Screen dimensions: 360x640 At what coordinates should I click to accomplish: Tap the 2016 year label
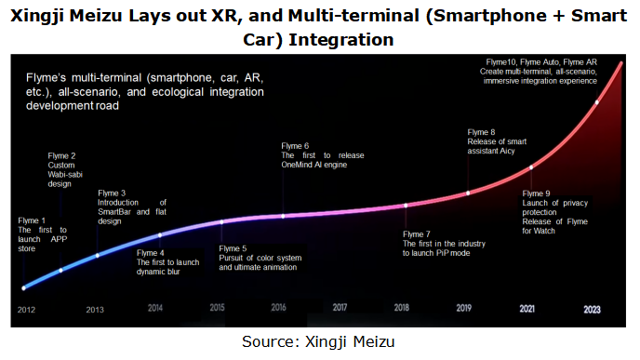[x=278, y=307]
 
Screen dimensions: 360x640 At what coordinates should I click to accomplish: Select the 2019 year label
[x=463, y=307]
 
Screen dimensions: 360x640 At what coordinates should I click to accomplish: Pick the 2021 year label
[x=527, y=307]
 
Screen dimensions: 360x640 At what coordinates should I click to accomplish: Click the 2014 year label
[x=155, y=307]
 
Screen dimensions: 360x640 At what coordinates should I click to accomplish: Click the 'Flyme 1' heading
[x=33, y=220]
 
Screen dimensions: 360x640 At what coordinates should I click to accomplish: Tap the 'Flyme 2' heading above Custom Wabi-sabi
[x=61, y=155]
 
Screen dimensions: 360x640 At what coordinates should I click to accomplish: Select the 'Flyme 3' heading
[x=111, y=193]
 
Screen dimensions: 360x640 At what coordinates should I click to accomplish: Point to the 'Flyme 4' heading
[x=151, y=252]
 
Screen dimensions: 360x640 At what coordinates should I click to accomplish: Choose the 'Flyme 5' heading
[x=233, y=248]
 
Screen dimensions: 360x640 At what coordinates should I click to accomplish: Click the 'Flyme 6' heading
[x=294, y=146]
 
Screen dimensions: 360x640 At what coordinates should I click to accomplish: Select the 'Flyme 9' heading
[x=536, y=193]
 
